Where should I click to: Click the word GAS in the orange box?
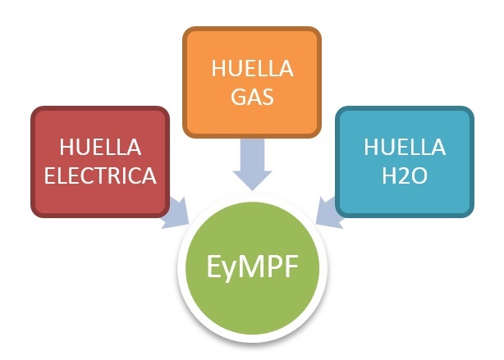(252, 96)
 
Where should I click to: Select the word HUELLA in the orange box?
(252, 68)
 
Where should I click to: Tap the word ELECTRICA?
(100, 175)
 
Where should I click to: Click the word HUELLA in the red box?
(100, 147)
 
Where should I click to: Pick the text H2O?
(405, 175)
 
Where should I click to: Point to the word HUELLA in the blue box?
(405, 147)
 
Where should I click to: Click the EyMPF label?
(252, 267)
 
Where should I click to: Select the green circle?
(252, 268)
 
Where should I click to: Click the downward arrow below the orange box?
(252, 164)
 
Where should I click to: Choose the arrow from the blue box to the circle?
(328, 213)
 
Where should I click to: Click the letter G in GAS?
(239, 96)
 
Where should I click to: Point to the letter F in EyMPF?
(291, 266)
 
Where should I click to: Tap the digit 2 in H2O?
(405, 175)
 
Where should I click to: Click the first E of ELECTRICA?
(50, 175)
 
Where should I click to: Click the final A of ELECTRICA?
(149, 175)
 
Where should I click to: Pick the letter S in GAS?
(268, 96)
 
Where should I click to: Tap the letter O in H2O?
(419, 175)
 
